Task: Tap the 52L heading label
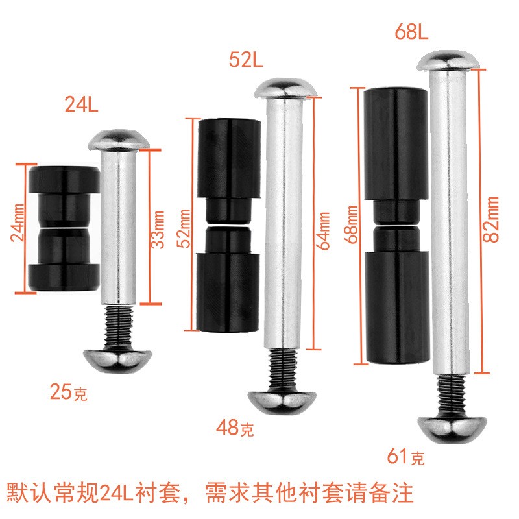pyautogui.click(x=245, y=61)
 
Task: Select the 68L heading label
pyautogui.click(x=412, y=32)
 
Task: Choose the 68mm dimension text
pyautogui.click(x=353, y=224)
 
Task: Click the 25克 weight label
pyautogui.click(x=68, y=392)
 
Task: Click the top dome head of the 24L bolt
pyautogui.click(x=119, y=139)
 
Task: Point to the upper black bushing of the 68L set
pyautogui.click(x=394, y=143)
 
